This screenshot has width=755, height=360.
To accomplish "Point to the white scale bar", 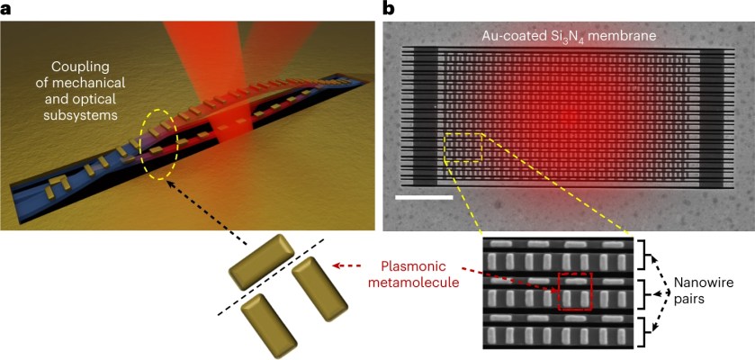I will click(x=422, y=195).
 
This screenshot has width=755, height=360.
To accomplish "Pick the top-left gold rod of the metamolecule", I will click(x=262, y=262).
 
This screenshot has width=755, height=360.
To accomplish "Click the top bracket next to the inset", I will click(x=645, y=255).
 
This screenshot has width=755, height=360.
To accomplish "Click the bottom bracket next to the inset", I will click(x=645, y=332).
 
